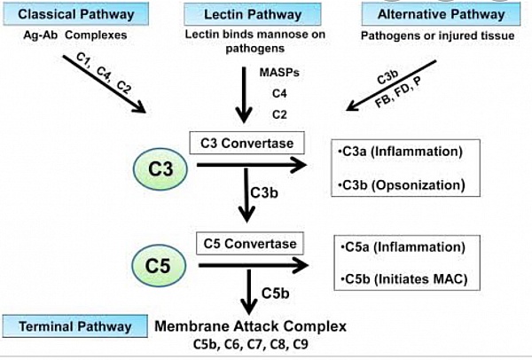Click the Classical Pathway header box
tap(76, 14)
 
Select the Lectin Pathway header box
tap(253, 14)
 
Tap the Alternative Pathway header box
tap(441, 14)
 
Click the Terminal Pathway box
tap(75, 326)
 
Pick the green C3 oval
tap(160, 168)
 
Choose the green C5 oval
tap(159, 265)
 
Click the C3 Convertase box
tap(246, 143)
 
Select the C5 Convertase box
tap(250, 243)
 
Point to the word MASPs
tap(279, 73)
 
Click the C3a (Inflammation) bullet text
tap(401, 152)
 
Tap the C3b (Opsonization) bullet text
tap(402, 185)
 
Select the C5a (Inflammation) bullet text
tap(403, 247)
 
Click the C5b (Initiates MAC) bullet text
tap(404, 279)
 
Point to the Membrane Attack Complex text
tap(250, 326)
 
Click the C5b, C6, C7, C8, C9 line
tap(251, 344)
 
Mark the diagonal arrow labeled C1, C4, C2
tap(105, 84)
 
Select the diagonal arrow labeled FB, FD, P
tap(391, 85)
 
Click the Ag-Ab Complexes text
tap(75, 35)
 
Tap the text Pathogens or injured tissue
tap(437, 35)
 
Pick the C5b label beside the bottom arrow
tap(275, 293)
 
